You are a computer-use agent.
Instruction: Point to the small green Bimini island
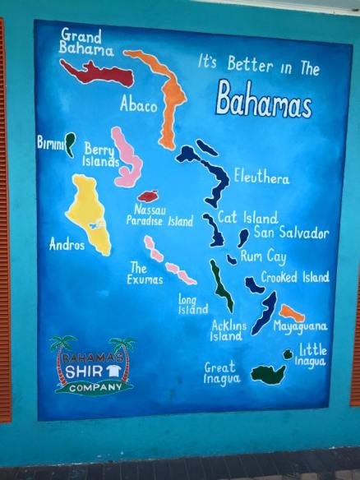coord(70,144)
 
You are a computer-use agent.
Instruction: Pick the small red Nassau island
coord(148,196)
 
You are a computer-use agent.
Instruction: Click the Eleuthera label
coord(261,177)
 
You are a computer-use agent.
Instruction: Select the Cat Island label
coord(247,218)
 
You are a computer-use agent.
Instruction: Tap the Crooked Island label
coord(295,277)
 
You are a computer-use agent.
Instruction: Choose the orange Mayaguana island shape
coord(291,312)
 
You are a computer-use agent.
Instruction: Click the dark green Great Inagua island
coord(268,374)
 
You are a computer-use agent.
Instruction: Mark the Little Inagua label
coord(312,354)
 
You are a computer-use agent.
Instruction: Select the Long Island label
coord(193,305)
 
